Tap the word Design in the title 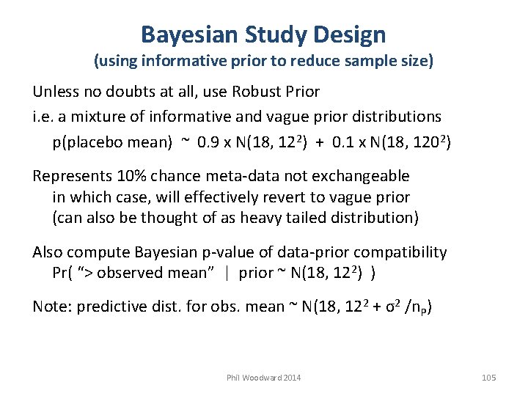[x=349, y=34]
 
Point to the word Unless [x=56, y=92]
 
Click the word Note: [x=51, y=307]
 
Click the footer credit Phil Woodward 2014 [x=263, y=378]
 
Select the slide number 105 [x=489, y=378]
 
